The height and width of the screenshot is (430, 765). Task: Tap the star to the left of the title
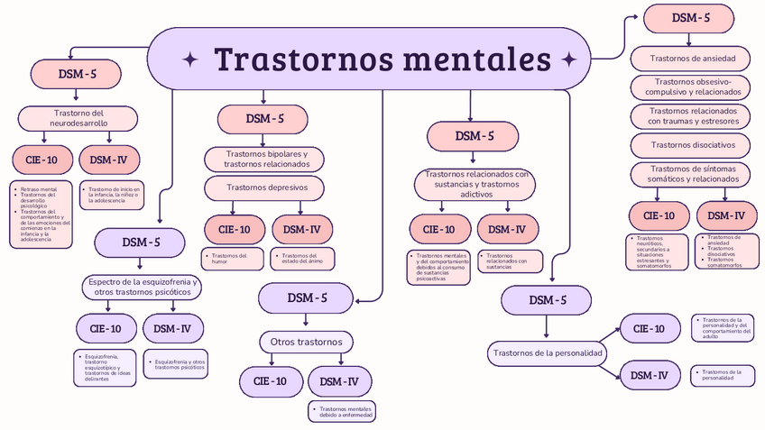click(x=191, y=59)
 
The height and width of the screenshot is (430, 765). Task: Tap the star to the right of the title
click(x=569, y=59)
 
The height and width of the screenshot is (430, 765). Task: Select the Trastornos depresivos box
click(x=266, y=188)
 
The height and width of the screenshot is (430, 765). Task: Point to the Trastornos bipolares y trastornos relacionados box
click(x=266, y=160)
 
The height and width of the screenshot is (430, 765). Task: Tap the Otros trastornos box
click(x=307, y=343)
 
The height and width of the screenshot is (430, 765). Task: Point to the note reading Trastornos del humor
click(x=233, y=258)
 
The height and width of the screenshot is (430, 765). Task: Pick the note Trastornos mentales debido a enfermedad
click(x=341, y=412)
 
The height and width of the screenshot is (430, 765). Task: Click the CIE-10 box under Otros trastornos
click(x=271, y=381)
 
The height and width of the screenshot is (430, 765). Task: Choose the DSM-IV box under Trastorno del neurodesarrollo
click(x=109, y=160)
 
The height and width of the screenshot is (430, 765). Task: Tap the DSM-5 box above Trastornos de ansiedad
click(x=691, y=17)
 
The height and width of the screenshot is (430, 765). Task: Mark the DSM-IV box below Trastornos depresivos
click(x=301, y=230)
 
